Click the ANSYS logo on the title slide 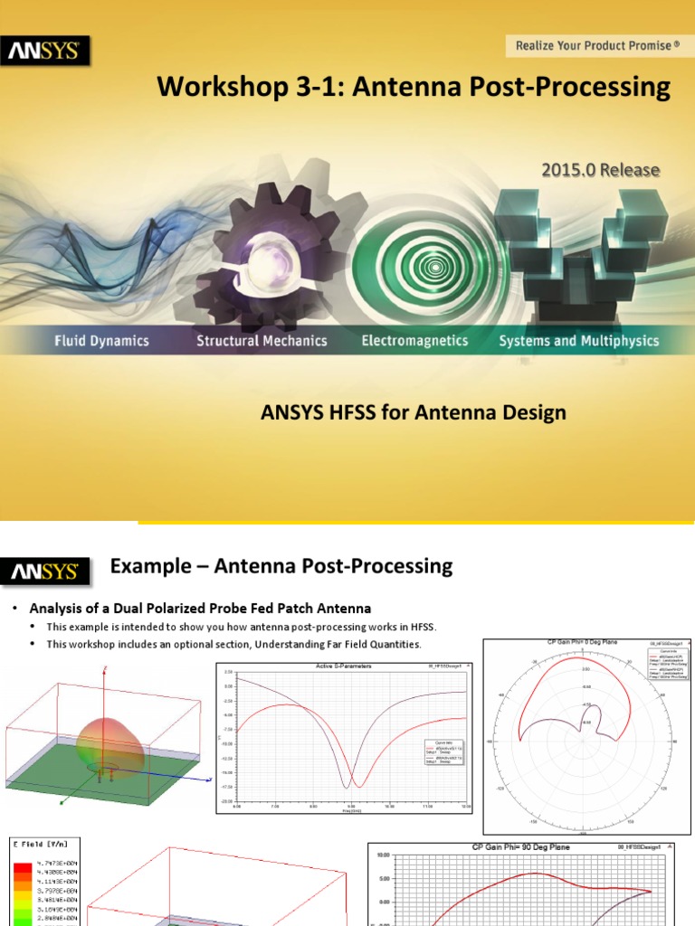[49, 52]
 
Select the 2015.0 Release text [600, 169]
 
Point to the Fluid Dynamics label [100, 341]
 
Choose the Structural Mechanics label [262, 341]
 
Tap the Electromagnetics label [414, 341]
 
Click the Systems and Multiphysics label [579, 341]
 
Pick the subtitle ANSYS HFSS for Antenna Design [414, 412]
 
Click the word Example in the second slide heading [150, 567]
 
